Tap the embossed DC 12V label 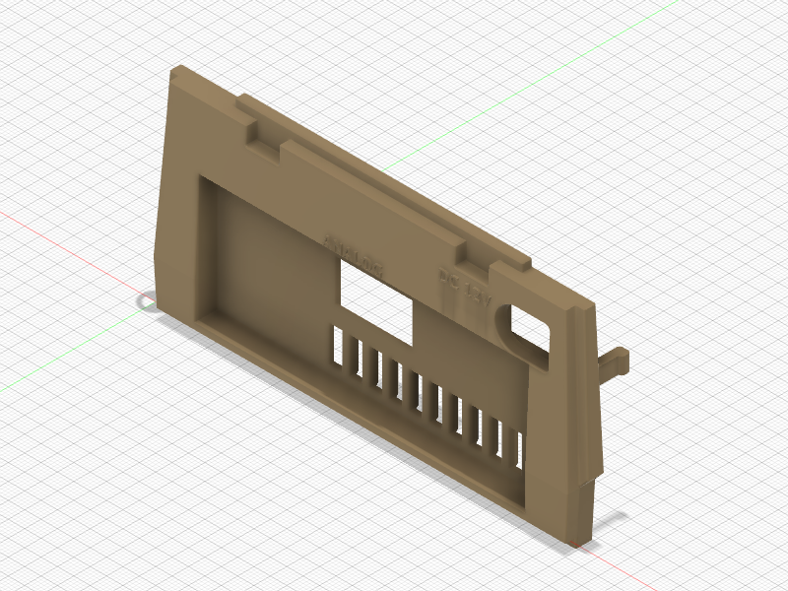click(464, 287)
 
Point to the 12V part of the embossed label click(477, 293)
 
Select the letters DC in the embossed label click(449, 280)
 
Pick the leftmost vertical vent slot click(338, 348)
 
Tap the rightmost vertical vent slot click(518, 448)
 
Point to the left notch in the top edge click(262, 135)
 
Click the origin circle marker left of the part click(146, 299)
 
